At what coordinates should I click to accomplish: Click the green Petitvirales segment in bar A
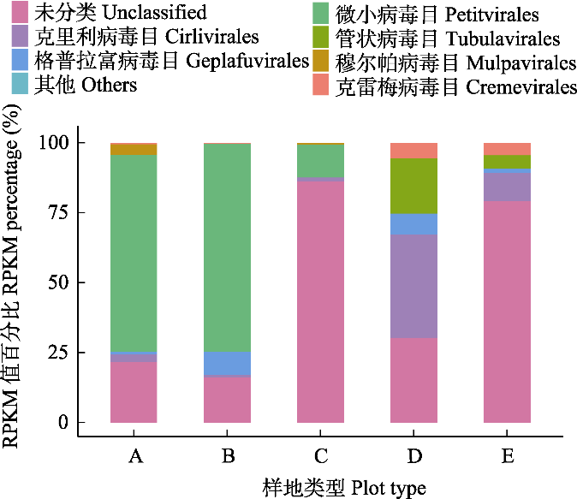coord(134,252)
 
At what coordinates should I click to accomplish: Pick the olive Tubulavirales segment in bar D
coord(413,186)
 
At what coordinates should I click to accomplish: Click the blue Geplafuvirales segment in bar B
coord(227,364)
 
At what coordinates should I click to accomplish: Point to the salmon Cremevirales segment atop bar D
coord(413,151)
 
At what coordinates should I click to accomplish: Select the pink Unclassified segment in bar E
coord(507,312)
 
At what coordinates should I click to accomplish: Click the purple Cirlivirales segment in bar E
coord(507,187)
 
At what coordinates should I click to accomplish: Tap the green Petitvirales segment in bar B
coord(227,247)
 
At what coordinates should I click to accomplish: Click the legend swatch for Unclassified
coord(17,12)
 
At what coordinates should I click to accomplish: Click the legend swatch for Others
coord(17,84)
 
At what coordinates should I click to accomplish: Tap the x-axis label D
coord(414,456)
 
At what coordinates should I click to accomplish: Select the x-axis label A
coord(134,456)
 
